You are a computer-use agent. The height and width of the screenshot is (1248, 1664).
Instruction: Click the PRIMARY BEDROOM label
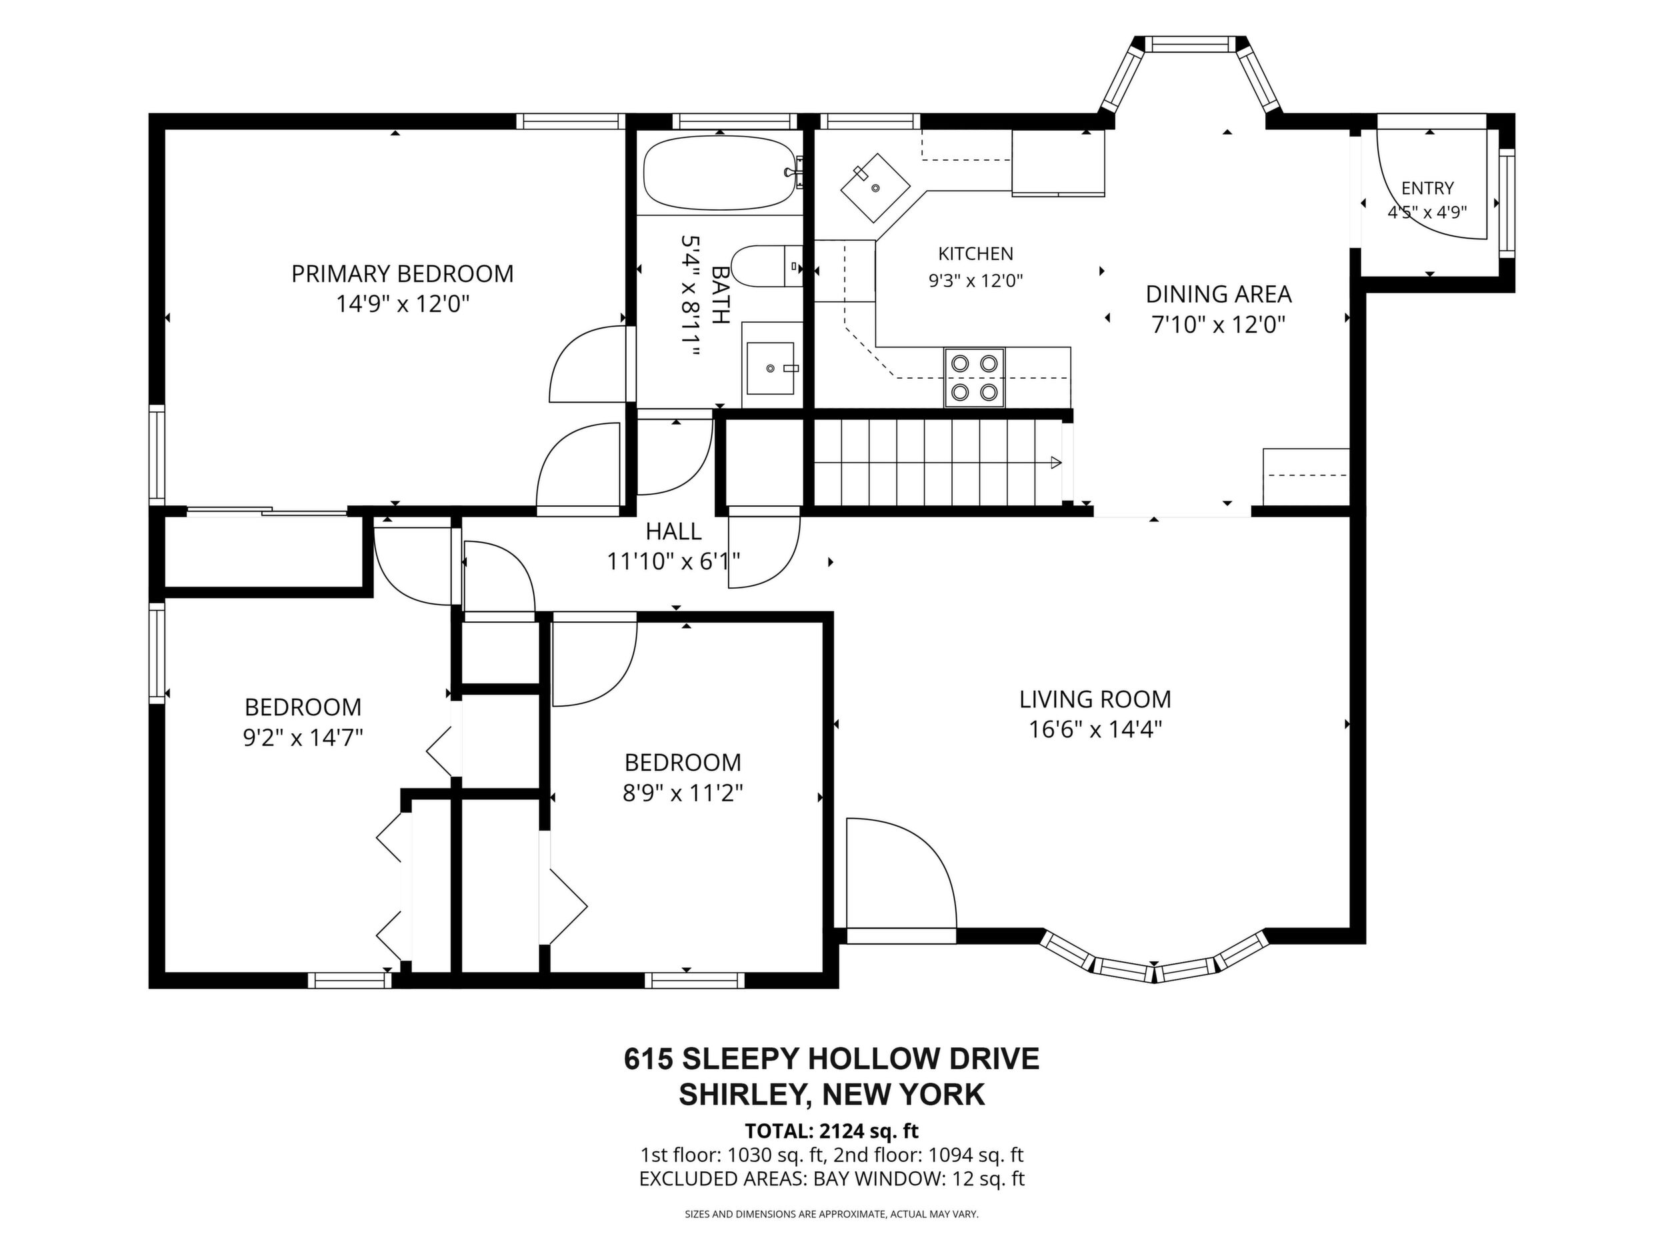coord(403,274)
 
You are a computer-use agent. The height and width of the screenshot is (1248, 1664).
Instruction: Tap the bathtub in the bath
coord(720,173)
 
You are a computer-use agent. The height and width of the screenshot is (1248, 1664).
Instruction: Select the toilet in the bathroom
coord(766,265)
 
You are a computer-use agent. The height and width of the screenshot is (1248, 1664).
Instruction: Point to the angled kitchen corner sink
coord(875,188)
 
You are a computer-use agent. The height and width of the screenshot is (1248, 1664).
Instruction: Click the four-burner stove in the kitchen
coord(975,377)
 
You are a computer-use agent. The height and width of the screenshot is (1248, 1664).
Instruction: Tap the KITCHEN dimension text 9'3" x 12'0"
coord(976,281)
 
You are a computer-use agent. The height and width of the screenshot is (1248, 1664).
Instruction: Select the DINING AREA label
coord(1219,293)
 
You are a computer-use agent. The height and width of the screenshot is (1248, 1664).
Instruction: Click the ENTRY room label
coord(1427,188)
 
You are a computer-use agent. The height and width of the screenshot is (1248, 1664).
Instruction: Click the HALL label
coord(673,532)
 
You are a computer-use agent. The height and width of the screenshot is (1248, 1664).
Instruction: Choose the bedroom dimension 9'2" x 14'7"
coord(303,737)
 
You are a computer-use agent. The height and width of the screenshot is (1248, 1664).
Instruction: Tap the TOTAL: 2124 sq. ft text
coord(831,1131)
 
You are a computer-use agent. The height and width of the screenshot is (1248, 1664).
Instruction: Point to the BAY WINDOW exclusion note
coord(831,1179)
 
